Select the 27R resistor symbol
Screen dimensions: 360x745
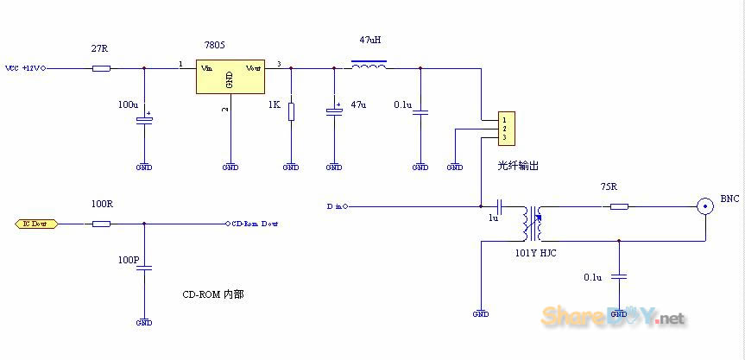(x=101, y=67)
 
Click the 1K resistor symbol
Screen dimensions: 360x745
(x=292, y=111)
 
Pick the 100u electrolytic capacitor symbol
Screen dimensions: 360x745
(x=144, y=119)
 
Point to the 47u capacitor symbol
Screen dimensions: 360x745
(x=334, y=111)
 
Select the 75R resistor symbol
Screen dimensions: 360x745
(x=618, y=206)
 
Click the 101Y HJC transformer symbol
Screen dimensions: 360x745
(x=532, y=224)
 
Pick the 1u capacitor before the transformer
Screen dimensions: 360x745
(x=500, y=207)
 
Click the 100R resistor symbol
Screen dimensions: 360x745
(x=101, y=224)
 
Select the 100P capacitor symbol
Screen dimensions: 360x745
(x=144, y=268)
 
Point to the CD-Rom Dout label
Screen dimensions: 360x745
(x=256, y=224)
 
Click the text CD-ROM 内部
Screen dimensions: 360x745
(x=212, y=294)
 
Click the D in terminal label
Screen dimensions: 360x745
(x=335, y=207)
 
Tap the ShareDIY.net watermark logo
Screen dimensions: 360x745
(x=613, y=317)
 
